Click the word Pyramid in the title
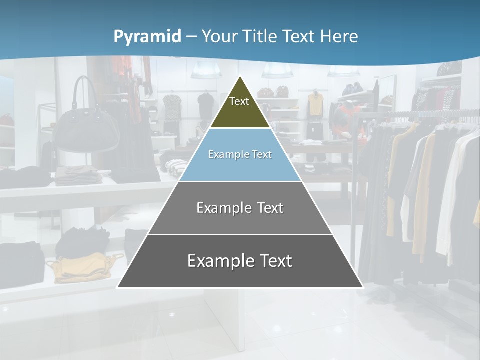147,37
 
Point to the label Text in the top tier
239,101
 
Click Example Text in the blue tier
240,154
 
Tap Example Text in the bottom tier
240,261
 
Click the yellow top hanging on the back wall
315,104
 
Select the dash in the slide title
191,37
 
